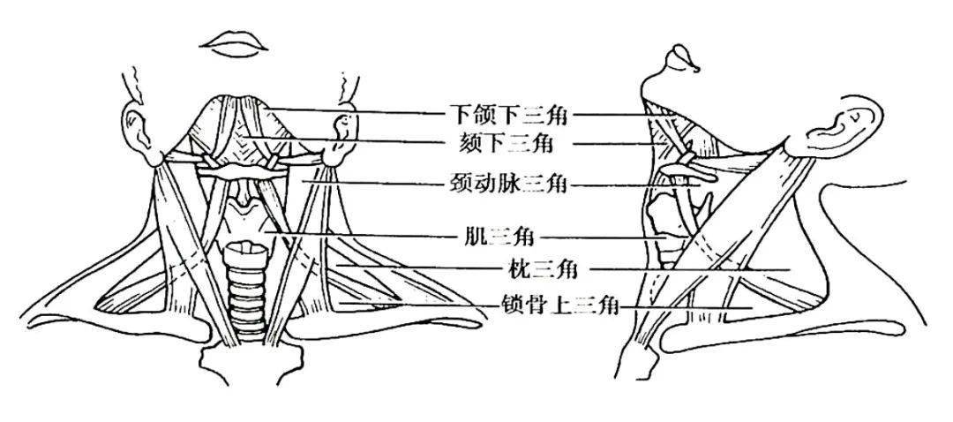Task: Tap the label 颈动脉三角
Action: click(507, 183)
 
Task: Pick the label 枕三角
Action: click(540, 268)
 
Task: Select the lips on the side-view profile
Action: click(681, 61)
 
